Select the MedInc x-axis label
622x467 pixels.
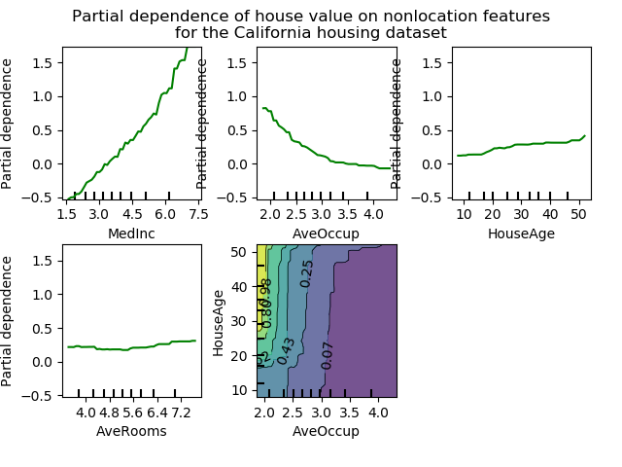pyautogui.click(x=131, y=233)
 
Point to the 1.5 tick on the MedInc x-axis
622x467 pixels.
pyautogui.click(x=67, y=213)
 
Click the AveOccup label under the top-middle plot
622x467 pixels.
pyautogui.click(x=326, y=233)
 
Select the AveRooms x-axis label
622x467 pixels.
pyautogui.click(x=131, y=431)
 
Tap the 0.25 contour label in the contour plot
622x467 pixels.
pyautogui.click(x=307, y=273)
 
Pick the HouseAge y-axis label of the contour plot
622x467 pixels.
pyautogui.click(x=220, y=321)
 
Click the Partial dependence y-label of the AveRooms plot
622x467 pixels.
pyautogui.click(x=8, y=321)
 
